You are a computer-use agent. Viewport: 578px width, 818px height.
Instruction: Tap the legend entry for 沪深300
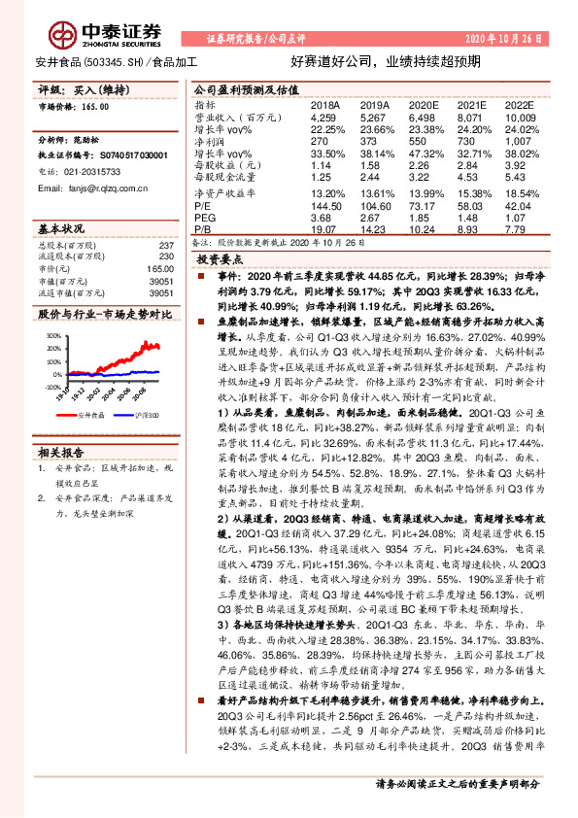142,414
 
